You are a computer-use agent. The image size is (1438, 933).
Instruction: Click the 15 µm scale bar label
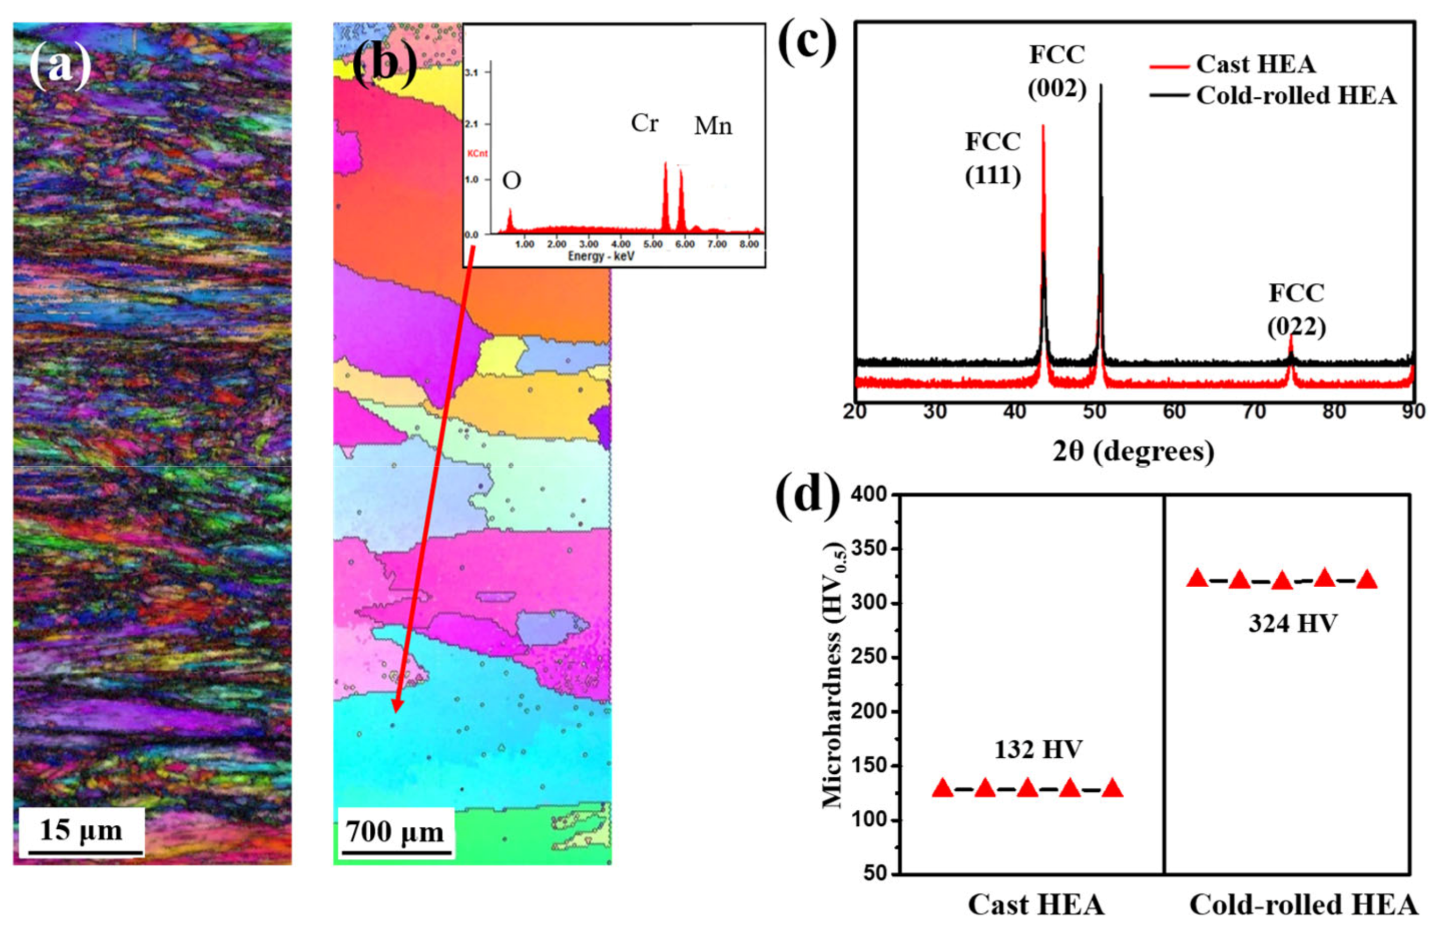point(81,830)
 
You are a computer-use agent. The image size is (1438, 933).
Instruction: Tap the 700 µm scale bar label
point(395,832)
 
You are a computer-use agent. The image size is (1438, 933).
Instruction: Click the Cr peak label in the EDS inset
point(644,123)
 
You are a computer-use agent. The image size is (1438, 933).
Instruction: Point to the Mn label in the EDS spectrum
point(713,126)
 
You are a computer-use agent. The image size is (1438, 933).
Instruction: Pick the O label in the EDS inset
point(512,181)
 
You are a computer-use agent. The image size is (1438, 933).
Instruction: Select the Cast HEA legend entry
point(1256,64)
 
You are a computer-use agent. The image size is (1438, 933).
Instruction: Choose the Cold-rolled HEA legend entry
point(1296,96)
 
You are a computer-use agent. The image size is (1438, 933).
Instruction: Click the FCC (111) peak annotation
point(993,158)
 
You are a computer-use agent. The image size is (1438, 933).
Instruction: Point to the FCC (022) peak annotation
point(1297,309)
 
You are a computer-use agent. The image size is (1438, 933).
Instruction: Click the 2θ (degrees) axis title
point(1133,451)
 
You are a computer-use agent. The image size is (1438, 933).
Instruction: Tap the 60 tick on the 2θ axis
point(1174,412)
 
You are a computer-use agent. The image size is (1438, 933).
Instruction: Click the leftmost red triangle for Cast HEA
point(943,788)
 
